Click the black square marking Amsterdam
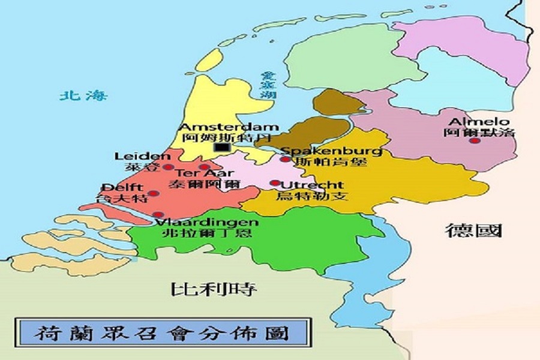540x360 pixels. click(x=223, y=147)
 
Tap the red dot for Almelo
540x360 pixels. click(x=475, y=140)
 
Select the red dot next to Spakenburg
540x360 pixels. click(x=285, y=160)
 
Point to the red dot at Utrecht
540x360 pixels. click(x=275, y=183)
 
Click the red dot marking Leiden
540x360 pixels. click(x=169, y=167)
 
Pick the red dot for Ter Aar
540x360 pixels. click(x=205, y=167)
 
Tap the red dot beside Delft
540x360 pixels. click(x=154, y=193)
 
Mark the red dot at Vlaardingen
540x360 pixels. click(x=158, y=214)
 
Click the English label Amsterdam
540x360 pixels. click(x=230, y=127)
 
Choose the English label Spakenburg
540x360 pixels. click(x=331, y=151)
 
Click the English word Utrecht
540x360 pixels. click(x=312, y=185)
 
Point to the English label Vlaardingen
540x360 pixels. click(x=207, y=222)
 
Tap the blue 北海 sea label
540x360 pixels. click(x=83, y=95)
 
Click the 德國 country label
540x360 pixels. click(x=473, y=230)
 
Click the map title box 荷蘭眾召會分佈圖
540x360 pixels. click(x=161, y=333)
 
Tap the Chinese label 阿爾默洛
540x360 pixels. click(x=479, y=133)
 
